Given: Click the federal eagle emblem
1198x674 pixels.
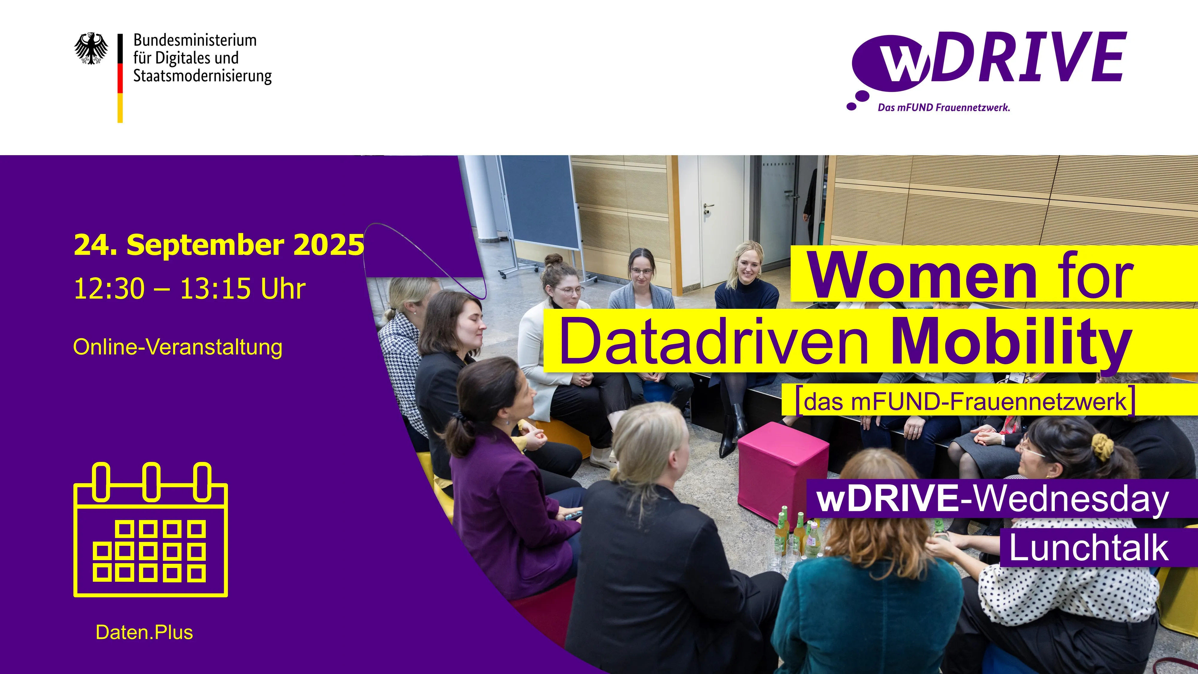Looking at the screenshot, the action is point(91,48).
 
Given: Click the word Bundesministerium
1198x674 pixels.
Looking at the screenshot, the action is point(195,40).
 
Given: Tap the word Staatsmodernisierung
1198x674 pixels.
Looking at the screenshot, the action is point(202,76).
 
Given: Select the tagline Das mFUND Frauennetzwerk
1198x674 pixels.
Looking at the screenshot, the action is point(944,108).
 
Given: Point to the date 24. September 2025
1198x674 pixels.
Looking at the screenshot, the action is point(219,245).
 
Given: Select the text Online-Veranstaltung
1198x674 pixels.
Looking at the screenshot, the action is point(178,347).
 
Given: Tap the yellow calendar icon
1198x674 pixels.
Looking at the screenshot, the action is point(151,529).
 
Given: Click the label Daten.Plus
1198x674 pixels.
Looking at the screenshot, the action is point(144,633).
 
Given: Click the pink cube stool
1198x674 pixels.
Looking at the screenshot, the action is point(783,470).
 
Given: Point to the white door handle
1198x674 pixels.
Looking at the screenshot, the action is point(708,205).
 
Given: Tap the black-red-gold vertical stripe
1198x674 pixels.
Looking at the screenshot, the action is point(120,78).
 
